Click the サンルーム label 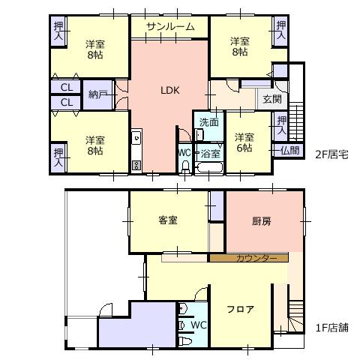(x=170, y=26)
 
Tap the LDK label (x=170, y=90)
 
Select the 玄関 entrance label (x=272, y=99)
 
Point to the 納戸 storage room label (x=98, y=94)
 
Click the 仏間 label (x=289, y=151)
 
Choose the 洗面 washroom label (x=209, y=122)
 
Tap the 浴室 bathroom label (x=210, y=154)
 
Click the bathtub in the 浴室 (x=209, y=167)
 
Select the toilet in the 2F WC (x=185, y=166)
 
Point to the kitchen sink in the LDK (x=136, y=138)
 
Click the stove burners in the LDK (x=136, y=165)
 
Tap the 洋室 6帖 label (x=244, y=142)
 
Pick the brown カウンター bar (x=249, y=258)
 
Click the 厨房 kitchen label (x=261, y=221)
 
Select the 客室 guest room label (x=168, y=220)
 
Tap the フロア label (x=240, y=309)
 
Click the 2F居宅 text (x=331, y=154)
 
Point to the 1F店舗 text (x=332, y=328)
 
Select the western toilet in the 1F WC (x=185, y=341)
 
